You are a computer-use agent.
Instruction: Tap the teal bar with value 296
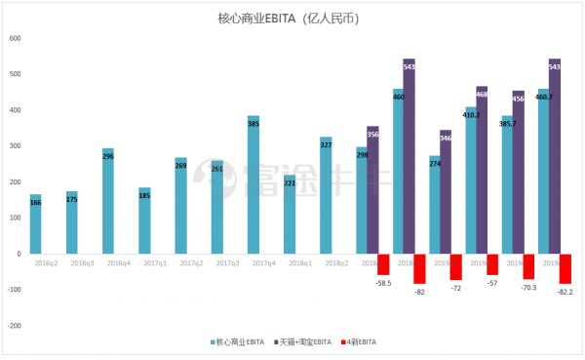(x=108, y=201)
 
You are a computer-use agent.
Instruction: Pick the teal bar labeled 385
(x=253, y=184)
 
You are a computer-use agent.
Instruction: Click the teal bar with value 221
(x=290, y=220)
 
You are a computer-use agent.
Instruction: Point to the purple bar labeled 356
(x=372, y=190)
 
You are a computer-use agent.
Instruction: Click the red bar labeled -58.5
(x=384, y=263)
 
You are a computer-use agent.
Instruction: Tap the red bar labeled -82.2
(x=565, y=268)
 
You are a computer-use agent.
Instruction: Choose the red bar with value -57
(x=493, y=263)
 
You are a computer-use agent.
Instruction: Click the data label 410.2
(x=471, y=113)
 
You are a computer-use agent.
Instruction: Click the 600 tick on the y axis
(x=15, y=38)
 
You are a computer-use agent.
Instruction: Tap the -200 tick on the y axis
(x=13, y=325)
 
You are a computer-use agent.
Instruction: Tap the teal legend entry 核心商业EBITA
(x=240, y=341)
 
